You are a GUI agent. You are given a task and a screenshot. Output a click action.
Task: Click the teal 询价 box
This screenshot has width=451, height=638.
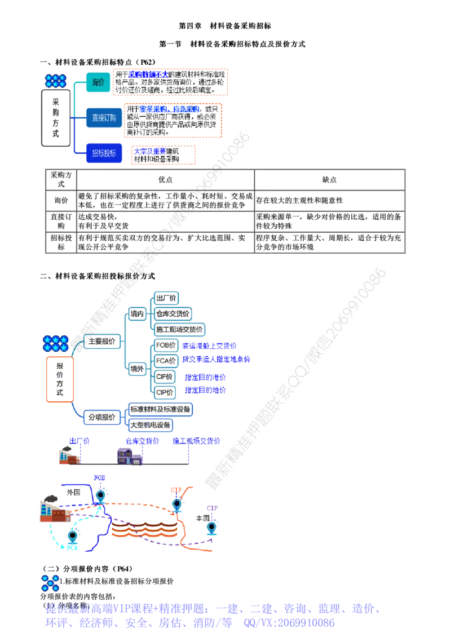coord(98,82)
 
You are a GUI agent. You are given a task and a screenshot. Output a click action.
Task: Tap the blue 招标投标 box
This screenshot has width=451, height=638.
coord(104,153)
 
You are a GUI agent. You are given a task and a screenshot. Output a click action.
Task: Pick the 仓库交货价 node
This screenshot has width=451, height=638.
coord(174,313)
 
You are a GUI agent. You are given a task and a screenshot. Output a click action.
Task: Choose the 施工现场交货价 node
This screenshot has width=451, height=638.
coord(180,329)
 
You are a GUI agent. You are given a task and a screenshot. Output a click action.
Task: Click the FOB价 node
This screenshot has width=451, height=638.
coord(165,344)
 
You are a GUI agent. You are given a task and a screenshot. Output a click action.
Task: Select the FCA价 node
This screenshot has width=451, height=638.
coord(165,359)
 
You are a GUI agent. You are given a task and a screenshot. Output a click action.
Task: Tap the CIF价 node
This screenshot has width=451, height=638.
coord(165,376)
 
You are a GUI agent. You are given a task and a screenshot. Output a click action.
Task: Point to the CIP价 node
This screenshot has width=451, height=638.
coord(165,391)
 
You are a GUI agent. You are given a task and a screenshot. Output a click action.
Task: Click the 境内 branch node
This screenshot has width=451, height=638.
coord(136,314)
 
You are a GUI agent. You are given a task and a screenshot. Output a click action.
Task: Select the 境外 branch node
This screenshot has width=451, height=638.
coord(136,368)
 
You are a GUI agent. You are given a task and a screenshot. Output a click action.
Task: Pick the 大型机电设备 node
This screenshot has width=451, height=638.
coord(151,424)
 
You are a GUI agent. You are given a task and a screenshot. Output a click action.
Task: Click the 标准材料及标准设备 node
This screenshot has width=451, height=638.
coord(161,409)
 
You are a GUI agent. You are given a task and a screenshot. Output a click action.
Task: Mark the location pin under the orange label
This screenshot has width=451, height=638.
coord(176,502)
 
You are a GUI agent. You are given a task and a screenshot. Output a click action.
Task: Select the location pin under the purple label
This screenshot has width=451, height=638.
coord(211,528)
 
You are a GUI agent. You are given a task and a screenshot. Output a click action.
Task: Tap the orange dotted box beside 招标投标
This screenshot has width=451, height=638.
coord(164,155)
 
